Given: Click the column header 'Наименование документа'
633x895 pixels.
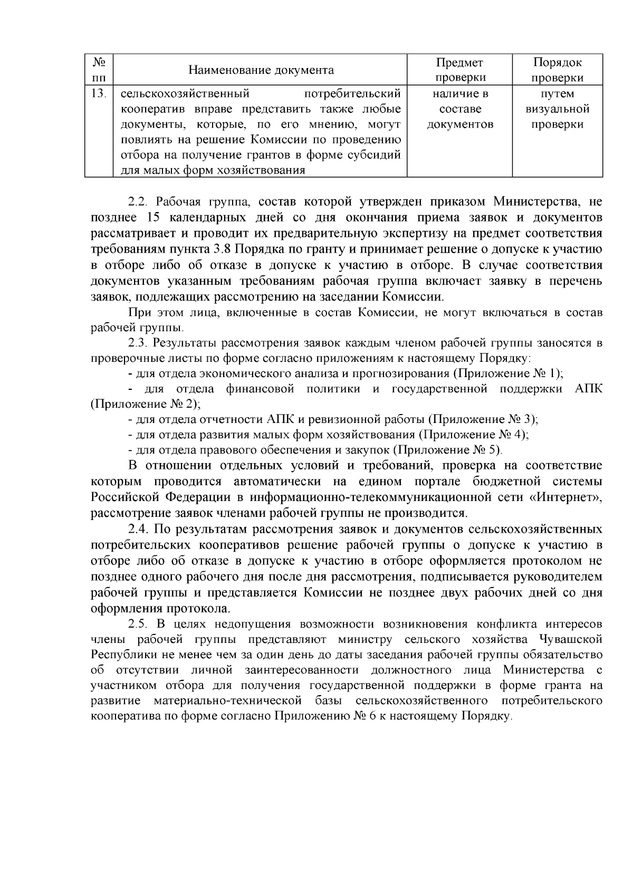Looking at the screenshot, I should [x=261, y=70].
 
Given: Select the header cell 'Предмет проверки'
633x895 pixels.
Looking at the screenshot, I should [x=459, y=70].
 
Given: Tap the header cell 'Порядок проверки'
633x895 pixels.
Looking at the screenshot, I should [x=558, y=70].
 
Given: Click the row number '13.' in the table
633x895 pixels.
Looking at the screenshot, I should [x=99, y=94].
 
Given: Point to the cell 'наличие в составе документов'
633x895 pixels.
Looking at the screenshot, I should [x=459, y=109].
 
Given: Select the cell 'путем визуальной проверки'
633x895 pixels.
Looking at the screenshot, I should [x=558, y=109].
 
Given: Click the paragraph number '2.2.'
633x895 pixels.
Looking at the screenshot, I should [x=139, y=202].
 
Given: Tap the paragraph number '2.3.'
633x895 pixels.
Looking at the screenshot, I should [x=139, y=343].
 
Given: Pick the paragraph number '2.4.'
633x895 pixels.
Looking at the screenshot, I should [x=139, y=530].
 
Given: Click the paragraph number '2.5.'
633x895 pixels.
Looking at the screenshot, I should [x=139, y=624].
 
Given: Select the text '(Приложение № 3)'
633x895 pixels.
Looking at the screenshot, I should [x=482, y=420].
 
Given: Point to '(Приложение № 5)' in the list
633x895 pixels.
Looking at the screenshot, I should [x=447, y=450].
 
